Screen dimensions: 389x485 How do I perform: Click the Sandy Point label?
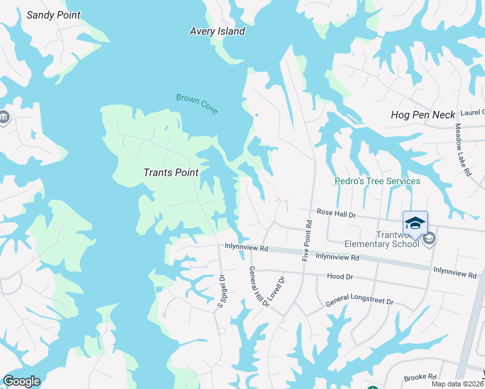click(x=53, y=15)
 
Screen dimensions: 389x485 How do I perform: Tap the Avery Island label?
click(x=217, y=31)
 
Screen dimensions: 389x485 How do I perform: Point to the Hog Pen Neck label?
click(x=423, y=115)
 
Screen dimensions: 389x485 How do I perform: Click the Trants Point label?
click(x=169, y=172)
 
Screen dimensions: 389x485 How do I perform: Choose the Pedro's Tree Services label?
click(x=377, y=181)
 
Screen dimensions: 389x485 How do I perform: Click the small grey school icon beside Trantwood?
click(x=429, y=239)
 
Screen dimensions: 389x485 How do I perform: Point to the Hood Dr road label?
click(x=340, y=276)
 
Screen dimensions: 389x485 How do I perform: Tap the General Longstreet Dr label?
click(x=359, y=301)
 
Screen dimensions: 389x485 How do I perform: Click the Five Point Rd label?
click(x=307, y=241)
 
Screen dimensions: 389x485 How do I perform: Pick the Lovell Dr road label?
click(x=279, y=290)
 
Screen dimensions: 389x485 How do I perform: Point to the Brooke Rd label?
click(x=414, y=378)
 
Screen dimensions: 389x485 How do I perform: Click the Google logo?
click(x=21, y=381)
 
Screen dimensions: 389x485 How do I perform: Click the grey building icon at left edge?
click(x=3, y=117)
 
